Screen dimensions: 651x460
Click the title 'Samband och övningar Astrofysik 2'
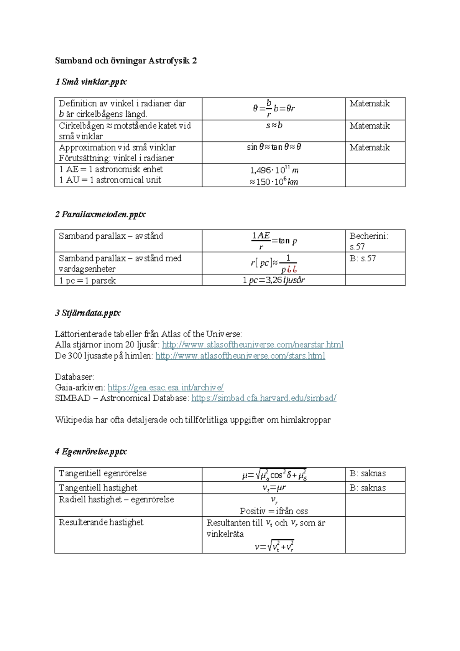tap(126, 61)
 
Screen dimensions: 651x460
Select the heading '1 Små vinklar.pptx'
tap(91, 82)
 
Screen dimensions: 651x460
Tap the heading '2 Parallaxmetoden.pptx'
tap(100, 214)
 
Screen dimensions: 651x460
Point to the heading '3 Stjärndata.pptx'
tap(88, 313)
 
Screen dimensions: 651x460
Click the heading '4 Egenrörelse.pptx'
tap(91, 451)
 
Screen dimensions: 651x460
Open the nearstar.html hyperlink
tap(253, 345)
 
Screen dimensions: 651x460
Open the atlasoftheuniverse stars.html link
tap(240, 356)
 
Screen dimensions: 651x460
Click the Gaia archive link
tap(166, 388)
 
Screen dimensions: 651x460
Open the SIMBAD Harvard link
tap(264, 398)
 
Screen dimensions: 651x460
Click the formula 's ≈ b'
tap(274, 126)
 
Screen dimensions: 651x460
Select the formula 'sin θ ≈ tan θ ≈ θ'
tap(274, 147)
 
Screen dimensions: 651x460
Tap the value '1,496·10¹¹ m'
tap(274, 170)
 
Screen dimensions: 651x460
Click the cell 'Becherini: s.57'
tap(368, 241)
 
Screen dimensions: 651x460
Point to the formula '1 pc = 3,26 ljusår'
tap(274, 280)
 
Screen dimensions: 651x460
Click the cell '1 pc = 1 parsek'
tap(87, 281)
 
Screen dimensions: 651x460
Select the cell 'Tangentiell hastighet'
tap(98, 488)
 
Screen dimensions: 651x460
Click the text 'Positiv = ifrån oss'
tap(274, 511)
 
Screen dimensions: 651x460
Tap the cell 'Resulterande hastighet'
tap(101, 522)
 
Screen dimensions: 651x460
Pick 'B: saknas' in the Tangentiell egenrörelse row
tap(368, 474)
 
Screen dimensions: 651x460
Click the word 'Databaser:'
tap(74, 377)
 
